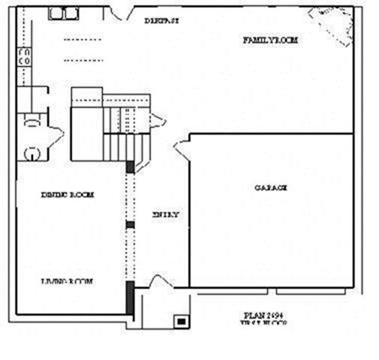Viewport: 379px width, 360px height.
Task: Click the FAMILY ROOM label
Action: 270,40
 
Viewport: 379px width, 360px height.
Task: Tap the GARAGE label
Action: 270,188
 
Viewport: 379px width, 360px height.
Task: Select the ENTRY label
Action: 166,214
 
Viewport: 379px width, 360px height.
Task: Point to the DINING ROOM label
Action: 67,195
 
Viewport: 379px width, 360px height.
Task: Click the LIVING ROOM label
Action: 66,281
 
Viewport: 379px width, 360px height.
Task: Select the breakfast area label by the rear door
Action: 161,20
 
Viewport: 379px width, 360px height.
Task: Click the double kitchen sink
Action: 64,13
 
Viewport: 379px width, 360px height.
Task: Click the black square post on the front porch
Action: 181,320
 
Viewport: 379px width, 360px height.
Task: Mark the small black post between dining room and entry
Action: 130,223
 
